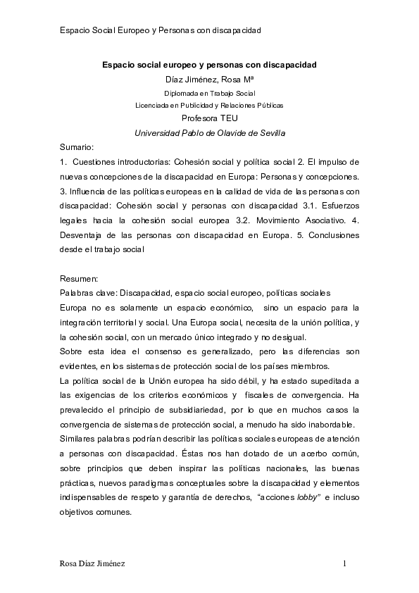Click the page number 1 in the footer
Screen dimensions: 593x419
coord(344,563)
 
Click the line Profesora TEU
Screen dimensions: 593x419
coord(209,118)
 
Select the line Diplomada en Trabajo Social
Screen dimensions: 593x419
coord(209,92)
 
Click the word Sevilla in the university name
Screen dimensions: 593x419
coord(269,132)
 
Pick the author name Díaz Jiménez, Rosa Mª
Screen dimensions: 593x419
coord(209,78)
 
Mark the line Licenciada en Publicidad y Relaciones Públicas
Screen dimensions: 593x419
coord(209,105)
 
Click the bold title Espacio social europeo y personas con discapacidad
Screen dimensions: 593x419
coord(209,64)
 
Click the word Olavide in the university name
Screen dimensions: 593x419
coord(225,132)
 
